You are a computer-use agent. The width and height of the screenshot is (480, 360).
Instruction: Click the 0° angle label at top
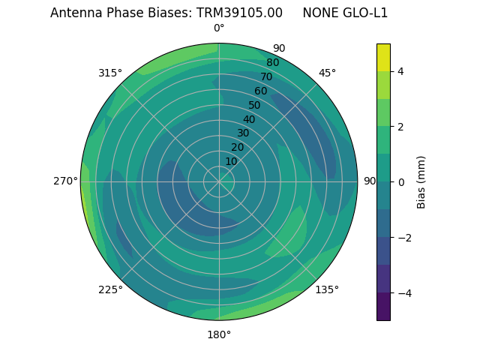219,28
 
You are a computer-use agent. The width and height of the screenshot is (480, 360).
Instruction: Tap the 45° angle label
327,73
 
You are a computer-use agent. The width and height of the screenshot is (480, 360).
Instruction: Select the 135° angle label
327,289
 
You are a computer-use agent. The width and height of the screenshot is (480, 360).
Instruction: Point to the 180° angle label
219,334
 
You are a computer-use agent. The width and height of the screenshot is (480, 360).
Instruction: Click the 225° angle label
110,289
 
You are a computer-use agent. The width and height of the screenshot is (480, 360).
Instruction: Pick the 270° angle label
65,181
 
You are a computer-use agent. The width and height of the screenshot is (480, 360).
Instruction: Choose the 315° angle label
110,73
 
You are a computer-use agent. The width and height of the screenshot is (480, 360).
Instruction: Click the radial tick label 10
231,161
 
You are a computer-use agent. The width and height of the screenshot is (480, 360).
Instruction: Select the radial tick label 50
254,105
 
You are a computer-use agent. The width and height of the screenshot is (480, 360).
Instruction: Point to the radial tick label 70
266,76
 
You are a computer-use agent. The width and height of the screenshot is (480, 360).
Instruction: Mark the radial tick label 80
272,63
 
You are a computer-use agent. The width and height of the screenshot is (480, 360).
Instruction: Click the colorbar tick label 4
401,71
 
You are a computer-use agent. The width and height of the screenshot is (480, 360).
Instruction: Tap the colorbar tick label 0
401,181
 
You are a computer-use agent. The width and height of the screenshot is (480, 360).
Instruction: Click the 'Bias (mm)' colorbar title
421,181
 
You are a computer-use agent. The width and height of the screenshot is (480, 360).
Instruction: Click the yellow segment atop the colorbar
383,57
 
